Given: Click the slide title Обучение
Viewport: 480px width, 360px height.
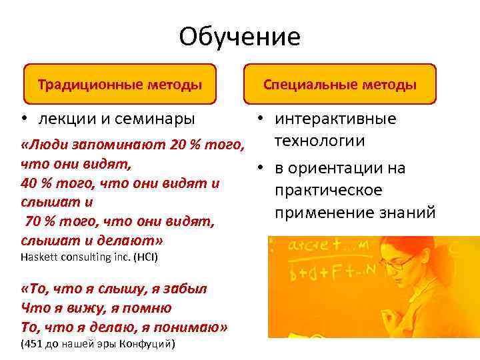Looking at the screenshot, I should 239,37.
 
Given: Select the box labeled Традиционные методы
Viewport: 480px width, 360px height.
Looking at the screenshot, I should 120,85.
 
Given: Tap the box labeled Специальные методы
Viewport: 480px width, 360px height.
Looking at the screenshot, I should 340,85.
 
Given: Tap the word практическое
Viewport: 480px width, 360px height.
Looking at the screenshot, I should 326,191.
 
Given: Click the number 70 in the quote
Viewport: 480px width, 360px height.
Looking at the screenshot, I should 35,221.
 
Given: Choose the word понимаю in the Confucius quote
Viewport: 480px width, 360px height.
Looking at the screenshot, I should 194,327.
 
